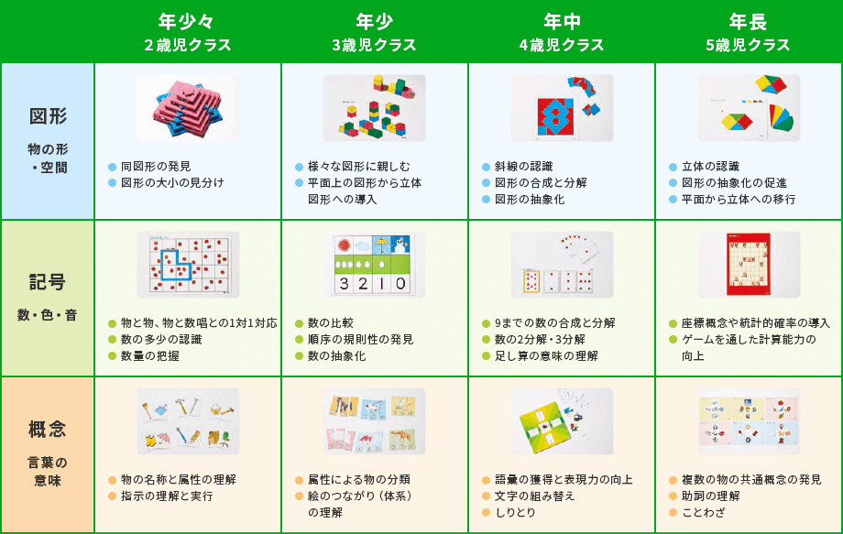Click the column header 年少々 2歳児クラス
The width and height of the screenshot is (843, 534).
tap(187, 32)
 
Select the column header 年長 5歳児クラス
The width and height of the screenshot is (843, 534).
tap(748, 32)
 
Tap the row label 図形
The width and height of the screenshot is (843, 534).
tap(48, 116)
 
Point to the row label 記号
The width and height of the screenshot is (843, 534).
tap(48, 282)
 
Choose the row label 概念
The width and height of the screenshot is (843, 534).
tap(48, 430)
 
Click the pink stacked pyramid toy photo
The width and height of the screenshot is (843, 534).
tap(188, 108)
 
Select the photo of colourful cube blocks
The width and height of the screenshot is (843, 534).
tap(374, 108)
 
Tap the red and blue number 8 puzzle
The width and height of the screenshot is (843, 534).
tap(553, 115)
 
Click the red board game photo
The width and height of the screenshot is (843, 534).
tap(749, 265)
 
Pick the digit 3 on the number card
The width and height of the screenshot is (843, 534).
tap(345, 284)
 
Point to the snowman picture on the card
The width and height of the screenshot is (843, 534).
tap(400, 245)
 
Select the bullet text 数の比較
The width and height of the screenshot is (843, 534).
tap(331, 322)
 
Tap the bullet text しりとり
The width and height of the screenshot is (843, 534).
tap(515, 513)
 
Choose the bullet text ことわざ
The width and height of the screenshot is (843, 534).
tap(703, 513)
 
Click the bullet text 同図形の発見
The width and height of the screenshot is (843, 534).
tap(156, 167)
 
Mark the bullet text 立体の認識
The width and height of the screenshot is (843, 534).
tap(710, 167)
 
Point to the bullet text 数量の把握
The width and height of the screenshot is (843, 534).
tap(150, 355)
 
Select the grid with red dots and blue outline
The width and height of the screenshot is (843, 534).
tap(188, 265)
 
